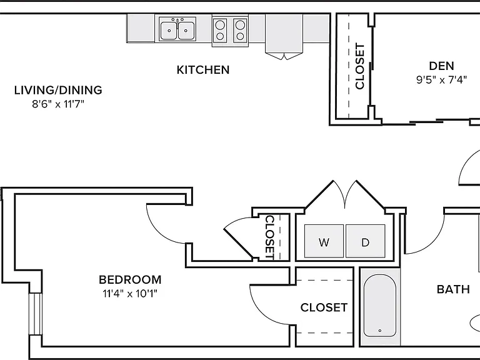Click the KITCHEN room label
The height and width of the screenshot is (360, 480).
[203, 70]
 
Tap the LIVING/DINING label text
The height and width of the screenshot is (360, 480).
[58, 90]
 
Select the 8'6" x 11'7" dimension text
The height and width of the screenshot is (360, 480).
[58, 104]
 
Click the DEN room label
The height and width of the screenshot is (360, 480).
[441, 66]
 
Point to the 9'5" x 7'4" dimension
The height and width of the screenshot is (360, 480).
[441, 80]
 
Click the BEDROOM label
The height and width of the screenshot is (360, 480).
[130, 279]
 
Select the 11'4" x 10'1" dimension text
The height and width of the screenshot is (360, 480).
[130, 294]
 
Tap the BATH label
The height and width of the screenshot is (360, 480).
[453, 289]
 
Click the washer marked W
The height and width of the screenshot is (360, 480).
[324, 241]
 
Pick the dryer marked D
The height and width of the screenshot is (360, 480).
[366, 241]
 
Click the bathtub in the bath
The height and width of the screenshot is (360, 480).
[380, 306]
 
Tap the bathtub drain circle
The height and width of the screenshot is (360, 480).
[380, 331]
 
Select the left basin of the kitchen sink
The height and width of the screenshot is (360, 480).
[168, 31]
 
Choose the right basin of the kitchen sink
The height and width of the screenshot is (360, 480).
[186, 31]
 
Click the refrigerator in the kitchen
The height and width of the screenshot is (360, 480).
[284, 34]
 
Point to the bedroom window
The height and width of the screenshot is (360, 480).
[35, 314]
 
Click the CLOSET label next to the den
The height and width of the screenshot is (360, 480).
[360, 66]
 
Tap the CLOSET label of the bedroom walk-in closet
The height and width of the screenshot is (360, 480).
[324, 307]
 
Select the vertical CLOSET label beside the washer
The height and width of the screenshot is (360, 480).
[269, 237]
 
